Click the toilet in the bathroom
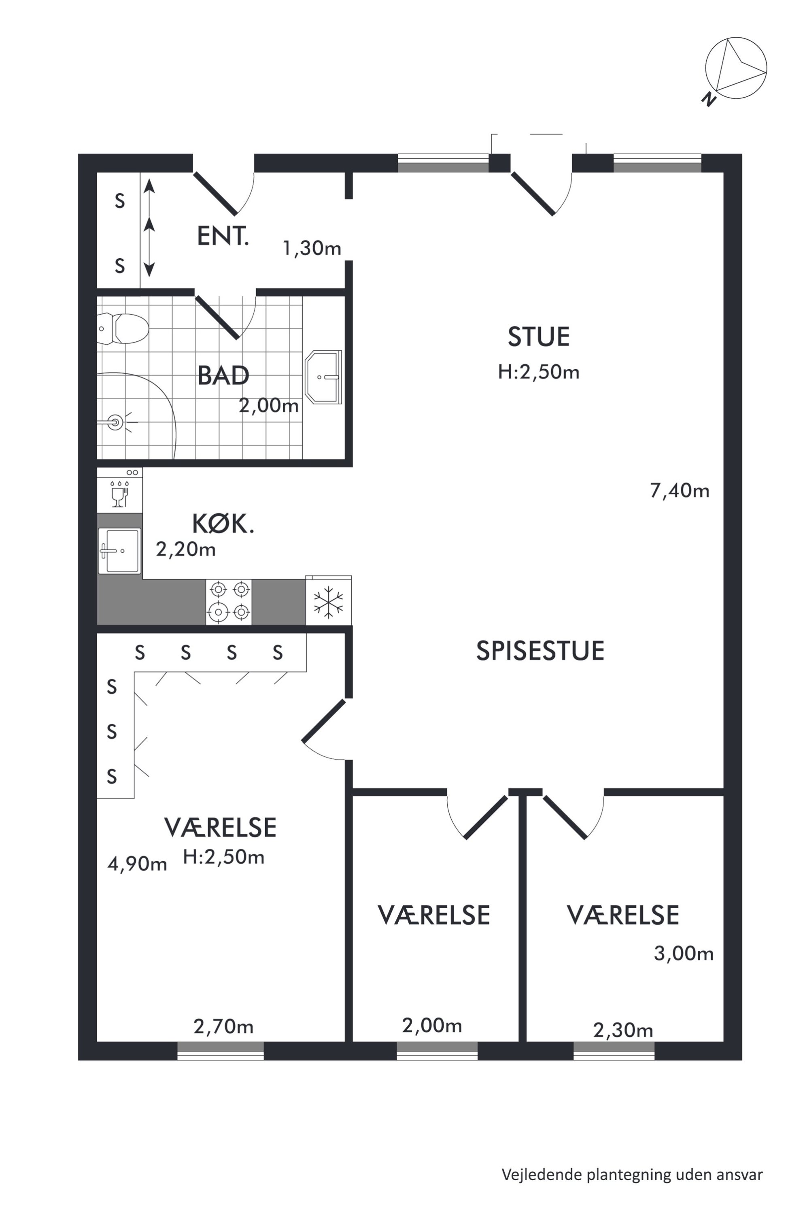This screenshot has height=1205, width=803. (123, 328)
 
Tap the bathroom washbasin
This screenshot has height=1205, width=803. (323, 377)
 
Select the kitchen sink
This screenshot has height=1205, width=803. (119, 551)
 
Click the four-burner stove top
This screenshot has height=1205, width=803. (229, 602)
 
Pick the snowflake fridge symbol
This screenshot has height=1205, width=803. (328, 601)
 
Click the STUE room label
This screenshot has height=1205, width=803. (539, 337)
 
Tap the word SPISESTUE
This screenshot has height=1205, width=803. (540, 651)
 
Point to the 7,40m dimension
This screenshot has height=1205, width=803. (680, 491)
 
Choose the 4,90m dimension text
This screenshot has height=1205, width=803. (137, 864)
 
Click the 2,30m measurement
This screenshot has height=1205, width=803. (623, 1030)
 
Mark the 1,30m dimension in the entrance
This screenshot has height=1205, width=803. (312, 249)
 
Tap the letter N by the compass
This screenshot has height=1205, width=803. (708, 99)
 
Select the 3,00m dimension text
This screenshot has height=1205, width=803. (684, 954)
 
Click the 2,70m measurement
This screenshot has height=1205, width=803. (223, 1026)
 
